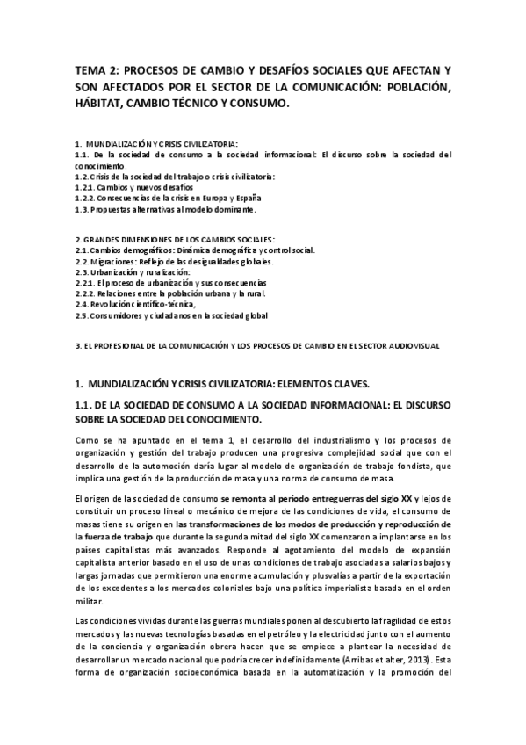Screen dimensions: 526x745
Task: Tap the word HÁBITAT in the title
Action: coord(102,104)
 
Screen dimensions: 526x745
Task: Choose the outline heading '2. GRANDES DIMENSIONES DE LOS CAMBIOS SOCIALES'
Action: coord(175,239)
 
